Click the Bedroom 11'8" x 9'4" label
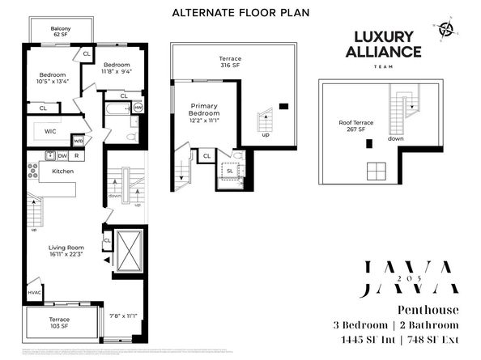click(116, 68)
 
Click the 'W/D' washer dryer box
click(78, 140)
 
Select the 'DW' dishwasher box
click(62, 155)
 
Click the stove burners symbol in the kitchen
click(33, 171)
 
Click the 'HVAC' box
click(34, 293)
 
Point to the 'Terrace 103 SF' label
click(59, 323)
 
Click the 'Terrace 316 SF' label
click(230, 63)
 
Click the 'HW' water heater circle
click(138, 107)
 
